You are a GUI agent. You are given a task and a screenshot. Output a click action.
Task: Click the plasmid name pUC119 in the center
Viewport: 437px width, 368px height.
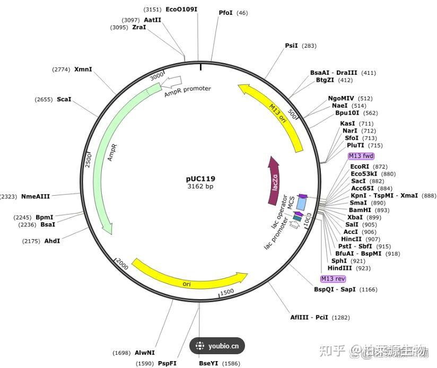tap(200, 179)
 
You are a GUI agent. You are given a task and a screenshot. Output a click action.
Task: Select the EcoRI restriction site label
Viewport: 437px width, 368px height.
tap(360, 167)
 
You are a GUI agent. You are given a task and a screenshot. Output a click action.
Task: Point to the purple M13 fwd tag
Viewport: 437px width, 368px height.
tap(361, 156)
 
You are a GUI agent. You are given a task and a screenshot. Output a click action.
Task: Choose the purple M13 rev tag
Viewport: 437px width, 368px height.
tap(333, 278)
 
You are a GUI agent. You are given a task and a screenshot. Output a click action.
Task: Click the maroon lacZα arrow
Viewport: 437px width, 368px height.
tap(274, 180)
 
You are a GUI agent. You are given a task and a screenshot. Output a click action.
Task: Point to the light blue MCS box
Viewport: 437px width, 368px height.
tap(301, 203)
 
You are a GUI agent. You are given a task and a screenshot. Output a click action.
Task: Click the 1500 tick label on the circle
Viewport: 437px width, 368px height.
tap(226, 292)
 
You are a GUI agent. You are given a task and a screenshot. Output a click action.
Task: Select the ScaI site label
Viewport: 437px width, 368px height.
tap(64, 99)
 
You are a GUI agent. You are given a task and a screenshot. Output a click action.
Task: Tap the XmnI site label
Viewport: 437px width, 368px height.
tap(83, 69)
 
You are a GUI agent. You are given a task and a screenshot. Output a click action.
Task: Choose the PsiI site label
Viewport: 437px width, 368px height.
tap(291, 46)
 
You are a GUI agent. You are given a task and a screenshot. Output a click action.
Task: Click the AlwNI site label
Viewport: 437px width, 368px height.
tap(144, 353)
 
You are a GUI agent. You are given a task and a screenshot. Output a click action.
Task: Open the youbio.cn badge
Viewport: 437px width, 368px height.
tap(217, 346)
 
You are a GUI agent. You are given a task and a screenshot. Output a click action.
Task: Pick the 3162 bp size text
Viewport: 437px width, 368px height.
tap(200, 186)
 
